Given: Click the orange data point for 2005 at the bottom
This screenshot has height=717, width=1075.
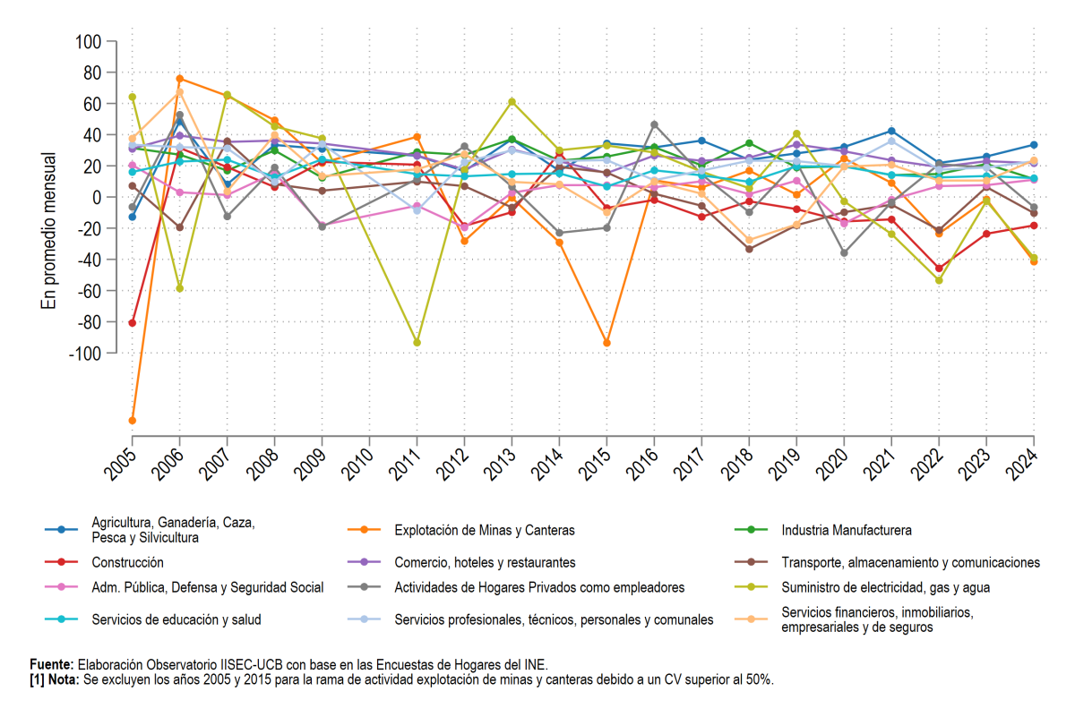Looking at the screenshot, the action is pyautogui.click(x=133, y=421).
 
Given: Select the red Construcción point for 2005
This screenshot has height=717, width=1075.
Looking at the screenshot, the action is pyautogui.click(x=133, y=323).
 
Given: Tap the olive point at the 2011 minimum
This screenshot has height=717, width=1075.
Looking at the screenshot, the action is pyautogui.click(x=417, y=343).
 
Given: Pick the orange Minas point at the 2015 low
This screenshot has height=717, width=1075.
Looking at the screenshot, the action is pyautogui.click(x=606, y=343).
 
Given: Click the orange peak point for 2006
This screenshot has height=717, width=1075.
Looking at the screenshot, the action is pyautogui.click(x=180, y=79).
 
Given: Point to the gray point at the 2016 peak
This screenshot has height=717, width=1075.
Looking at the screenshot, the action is pyautogui.click(x=654, y=124).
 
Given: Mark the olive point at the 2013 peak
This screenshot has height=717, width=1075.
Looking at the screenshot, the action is pyautogui.click(x=512, y=102).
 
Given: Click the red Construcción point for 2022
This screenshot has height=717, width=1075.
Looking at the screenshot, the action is pyautogui.click(x=939, y=269).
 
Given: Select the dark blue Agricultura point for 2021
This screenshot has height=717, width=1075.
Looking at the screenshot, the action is pyautogui.click(x=891, y=131).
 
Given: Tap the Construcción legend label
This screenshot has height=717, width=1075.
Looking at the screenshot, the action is pyautogui.click(x=127, y=562).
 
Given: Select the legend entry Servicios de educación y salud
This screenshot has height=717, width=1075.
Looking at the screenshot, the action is pyautogui.click(x=176, y=619).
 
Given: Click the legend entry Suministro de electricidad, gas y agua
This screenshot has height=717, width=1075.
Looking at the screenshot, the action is pyautogui.click(x=885, y=587).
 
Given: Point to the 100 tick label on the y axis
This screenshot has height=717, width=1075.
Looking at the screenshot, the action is pyautogui.click(x=89, y=42).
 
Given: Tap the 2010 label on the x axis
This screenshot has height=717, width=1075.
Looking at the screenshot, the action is pyautogui.click(x=357, y=464).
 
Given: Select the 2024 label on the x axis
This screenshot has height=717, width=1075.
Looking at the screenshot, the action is pyautogui.click(x=1021, y=464).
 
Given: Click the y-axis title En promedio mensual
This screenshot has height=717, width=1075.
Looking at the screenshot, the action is pyautogui.click(x=48, y=231).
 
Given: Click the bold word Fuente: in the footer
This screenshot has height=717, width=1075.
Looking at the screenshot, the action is pyautogui.click(x=52, y=664).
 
